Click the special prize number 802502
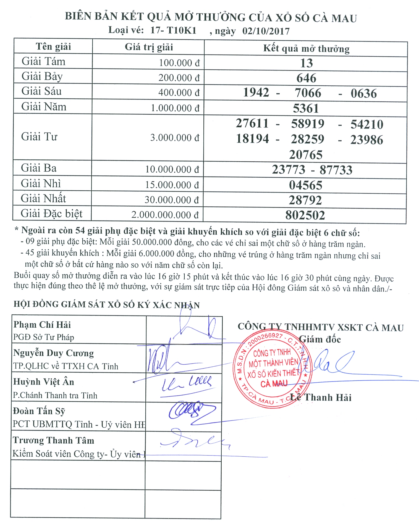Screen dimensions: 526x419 (x=305, y=215)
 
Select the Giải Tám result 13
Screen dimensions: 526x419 (x=307, y=63)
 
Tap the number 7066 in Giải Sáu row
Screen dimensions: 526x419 (x=308, y=93)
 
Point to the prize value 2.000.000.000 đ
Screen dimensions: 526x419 (x=165, y=215)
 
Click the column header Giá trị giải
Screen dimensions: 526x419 (x=149, y=47)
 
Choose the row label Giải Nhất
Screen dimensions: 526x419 (x=43, y=198)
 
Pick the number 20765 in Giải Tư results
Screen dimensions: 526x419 (x=306, y=155)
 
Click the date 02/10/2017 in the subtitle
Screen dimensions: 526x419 (x=266, y=31)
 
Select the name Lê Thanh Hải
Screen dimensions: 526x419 (x=321, y=397)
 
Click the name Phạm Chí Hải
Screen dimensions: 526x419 (x=42, y=325)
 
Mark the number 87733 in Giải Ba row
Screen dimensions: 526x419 (x=336, y=170)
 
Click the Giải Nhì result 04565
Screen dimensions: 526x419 (x=305, y=185)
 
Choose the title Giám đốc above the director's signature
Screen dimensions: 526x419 (x=320, y=339)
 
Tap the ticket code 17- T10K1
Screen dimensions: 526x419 (x=173, y=30)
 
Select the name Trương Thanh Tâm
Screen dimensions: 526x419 (x=53, y=440)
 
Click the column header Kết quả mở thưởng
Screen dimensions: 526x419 (x=306, y=49)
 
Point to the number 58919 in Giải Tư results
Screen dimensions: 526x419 (x=308, y=124)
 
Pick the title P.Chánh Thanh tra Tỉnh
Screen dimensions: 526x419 (x=55, y=395)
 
